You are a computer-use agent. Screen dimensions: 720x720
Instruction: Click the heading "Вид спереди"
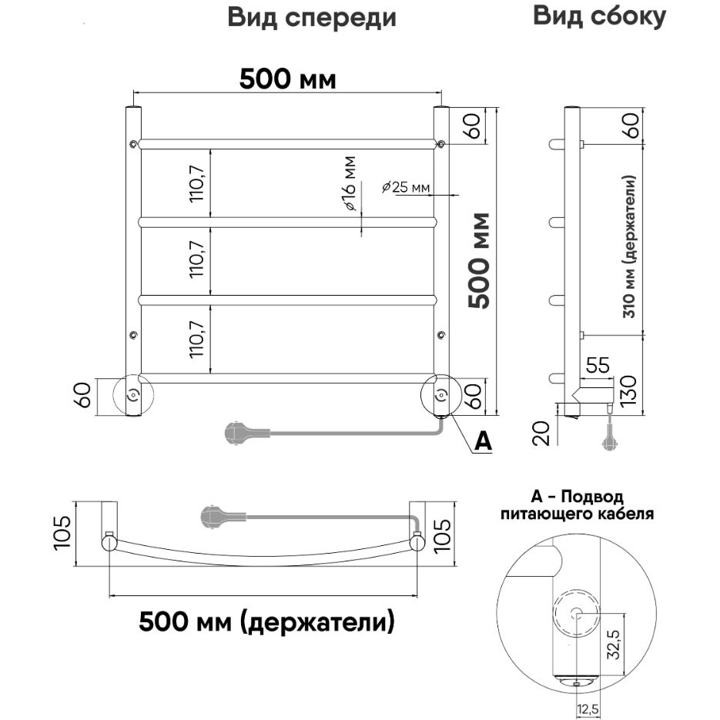[312, 18]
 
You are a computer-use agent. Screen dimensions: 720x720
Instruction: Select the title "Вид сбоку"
[599, 16]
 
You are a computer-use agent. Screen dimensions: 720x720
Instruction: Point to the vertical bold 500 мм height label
[481, 260]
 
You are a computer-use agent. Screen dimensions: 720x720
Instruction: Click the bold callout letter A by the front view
[481, 440]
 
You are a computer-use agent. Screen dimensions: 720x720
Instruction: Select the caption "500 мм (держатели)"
[266, 621]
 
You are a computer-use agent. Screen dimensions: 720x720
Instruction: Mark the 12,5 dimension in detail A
[589, 706]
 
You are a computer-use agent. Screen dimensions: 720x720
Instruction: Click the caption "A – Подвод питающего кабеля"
[577, 504]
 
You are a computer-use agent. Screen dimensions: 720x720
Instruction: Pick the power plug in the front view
[235, 432]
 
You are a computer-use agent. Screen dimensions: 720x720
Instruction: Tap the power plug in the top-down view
[212, 517]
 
